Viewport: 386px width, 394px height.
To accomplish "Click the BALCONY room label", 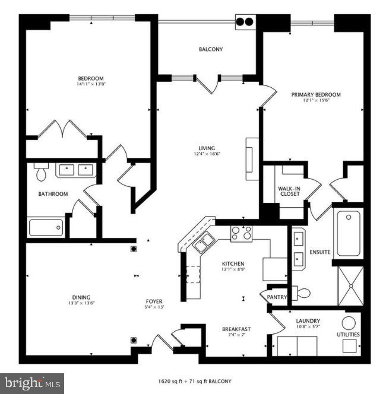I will [x=211, y=49].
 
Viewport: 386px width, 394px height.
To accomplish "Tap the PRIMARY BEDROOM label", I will [x=315, y=94].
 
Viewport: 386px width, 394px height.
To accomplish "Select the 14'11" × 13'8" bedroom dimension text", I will [x=91, y=84].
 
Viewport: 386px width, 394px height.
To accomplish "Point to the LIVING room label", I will [x=207, y=148].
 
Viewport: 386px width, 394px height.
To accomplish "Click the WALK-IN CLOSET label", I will [x=289, y=191].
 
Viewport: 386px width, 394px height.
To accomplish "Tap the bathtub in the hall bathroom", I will [x=46, y=227].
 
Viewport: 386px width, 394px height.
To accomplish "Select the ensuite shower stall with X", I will [x=350, y=285].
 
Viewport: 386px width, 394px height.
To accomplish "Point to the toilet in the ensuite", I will [x=302, y=292].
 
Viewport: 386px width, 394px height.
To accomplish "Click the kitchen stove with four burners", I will [x=241, y=233].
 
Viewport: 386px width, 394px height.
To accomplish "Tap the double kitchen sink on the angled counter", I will [x=205, y=241].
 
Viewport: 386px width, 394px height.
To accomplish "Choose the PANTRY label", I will [x=277, y=297].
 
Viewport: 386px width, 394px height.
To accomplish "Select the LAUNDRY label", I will [x=308, y=321].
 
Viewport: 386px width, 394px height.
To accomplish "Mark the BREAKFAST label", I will [x=236, y=329].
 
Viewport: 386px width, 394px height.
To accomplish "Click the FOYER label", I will [x=153, y=301].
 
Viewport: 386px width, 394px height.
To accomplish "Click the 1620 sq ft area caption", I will [x=194, y=380].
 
